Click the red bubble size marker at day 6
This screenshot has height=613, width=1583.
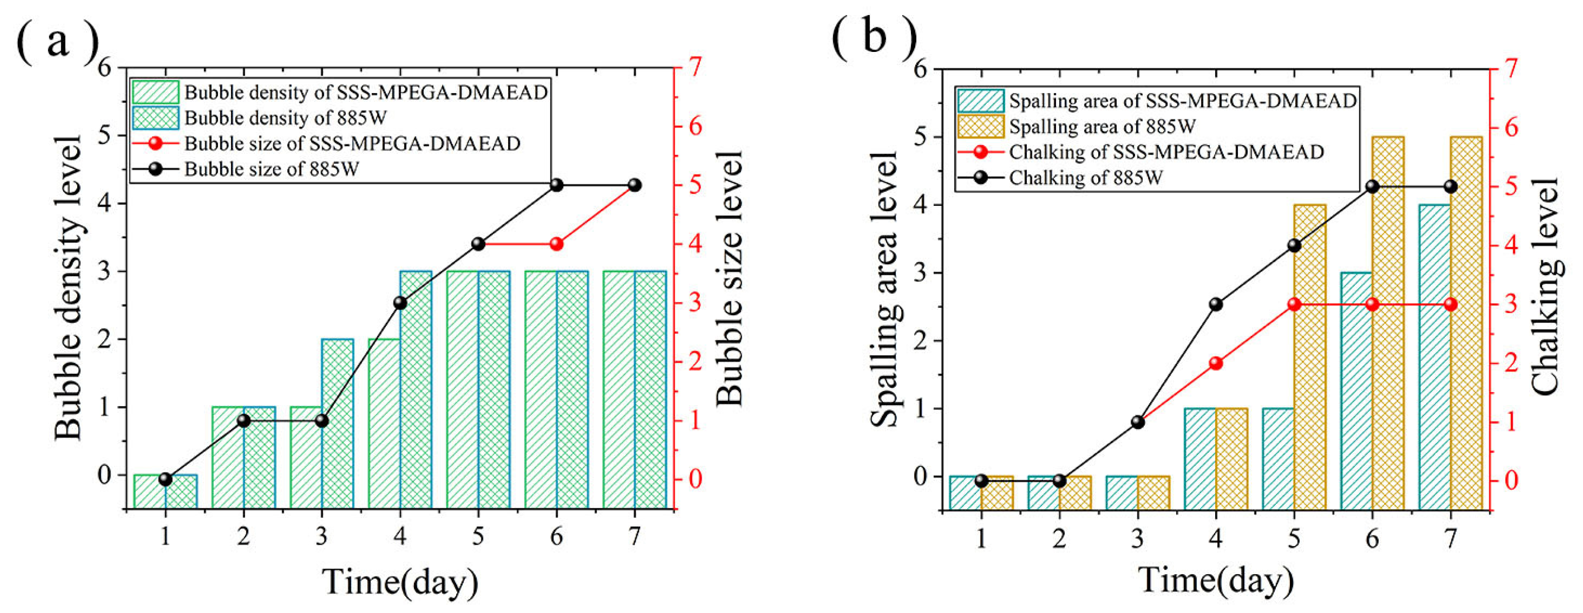pos(556,244)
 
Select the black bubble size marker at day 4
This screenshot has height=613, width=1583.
pos(400,302)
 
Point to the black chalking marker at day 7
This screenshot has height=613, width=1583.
pos(1450,186)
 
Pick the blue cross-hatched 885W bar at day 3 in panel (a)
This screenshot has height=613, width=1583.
pos(337,424)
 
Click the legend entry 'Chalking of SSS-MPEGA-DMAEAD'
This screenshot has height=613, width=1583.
pos(1165,152)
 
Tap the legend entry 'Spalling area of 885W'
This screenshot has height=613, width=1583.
pos(1101,127)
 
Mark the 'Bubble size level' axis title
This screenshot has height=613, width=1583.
pos(730,279)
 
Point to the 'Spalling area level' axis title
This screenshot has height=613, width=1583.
pos(885,289)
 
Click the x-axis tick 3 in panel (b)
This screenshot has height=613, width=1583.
pos(1138,539)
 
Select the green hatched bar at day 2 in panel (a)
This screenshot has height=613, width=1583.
pos(228,458)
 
